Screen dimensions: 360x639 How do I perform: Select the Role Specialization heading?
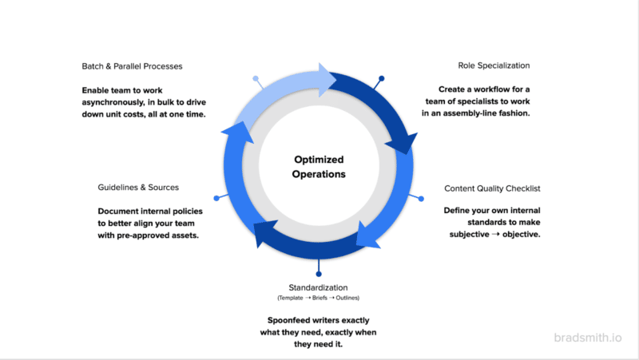(494, 65)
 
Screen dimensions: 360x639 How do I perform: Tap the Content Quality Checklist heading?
(492, 189)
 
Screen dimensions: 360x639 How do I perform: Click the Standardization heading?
(318, 287)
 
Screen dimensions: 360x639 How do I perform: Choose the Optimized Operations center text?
(319, 166)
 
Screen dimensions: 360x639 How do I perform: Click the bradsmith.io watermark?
(588, 337)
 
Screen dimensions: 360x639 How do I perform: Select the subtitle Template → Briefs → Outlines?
(319, 299)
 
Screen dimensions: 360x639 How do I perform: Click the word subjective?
(470, 235)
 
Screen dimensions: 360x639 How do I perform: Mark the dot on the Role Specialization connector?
(382, 78)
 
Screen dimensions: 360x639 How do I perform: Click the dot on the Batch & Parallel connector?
(256, 79)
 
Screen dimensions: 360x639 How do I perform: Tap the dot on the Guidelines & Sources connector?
(216, 198)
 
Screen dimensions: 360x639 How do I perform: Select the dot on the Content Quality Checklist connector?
(422, 198)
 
